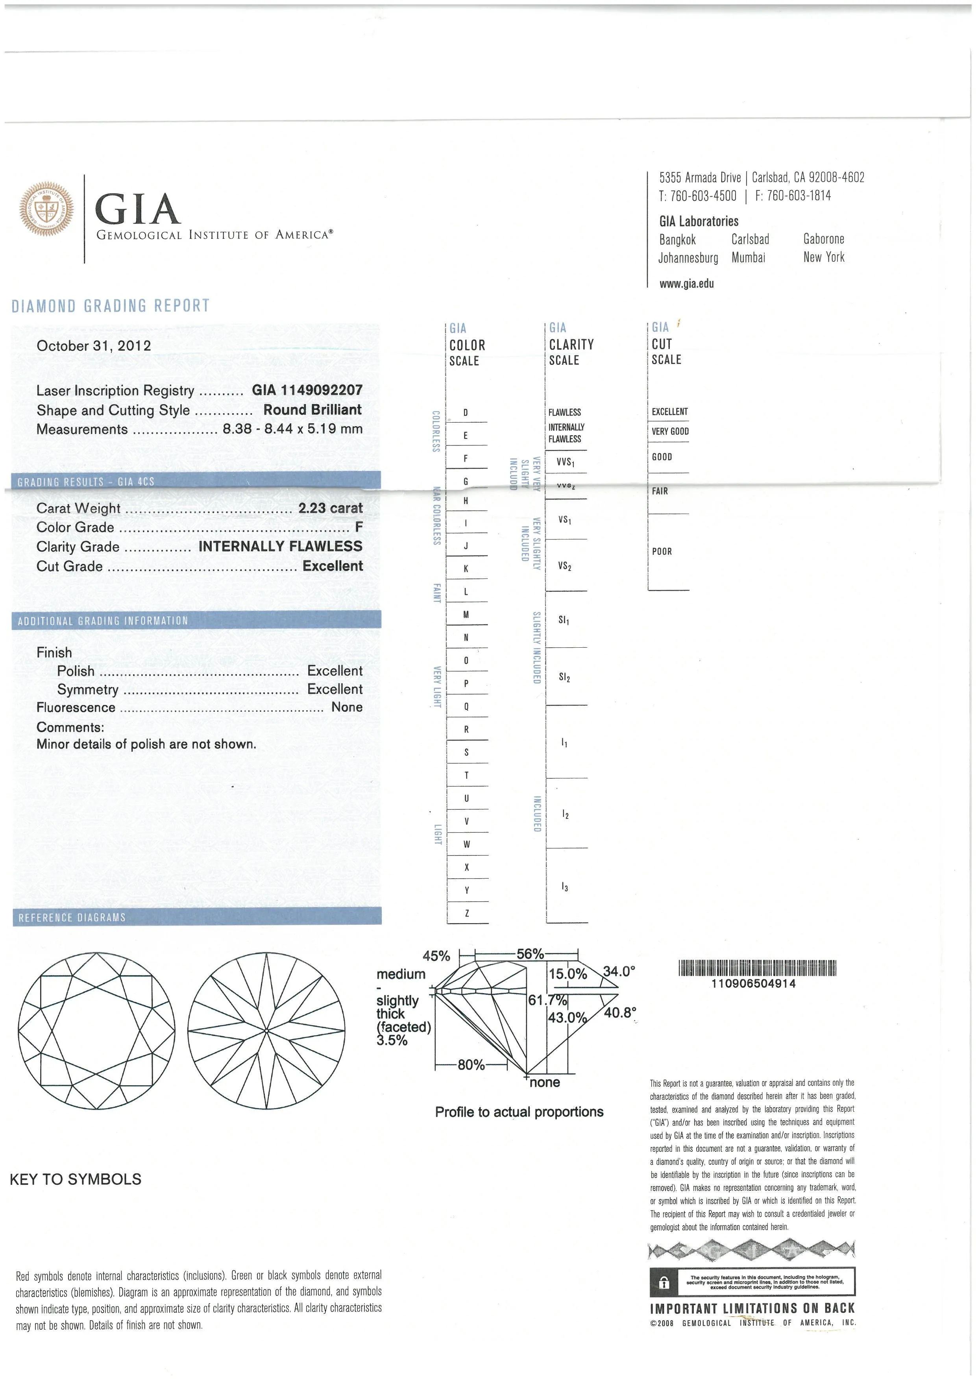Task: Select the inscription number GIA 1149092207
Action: pos(307,390)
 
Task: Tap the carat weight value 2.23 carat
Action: pos(331,508)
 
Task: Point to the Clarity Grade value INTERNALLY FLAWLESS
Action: pos(281,546)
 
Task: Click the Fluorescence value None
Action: pos(347,708)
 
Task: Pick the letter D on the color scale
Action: pos(466,413)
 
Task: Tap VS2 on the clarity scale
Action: pos(564,566)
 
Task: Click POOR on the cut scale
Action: pos(662,551)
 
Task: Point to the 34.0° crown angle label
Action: pos(619,971)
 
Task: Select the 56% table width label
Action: pos(530,954)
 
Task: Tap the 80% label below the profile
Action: pos(471,1064)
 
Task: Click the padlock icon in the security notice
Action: pos(664,1283)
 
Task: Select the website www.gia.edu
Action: pos(686,284)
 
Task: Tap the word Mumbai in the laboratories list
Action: pos(748,258)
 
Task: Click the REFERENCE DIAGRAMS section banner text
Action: pos(72,918)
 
